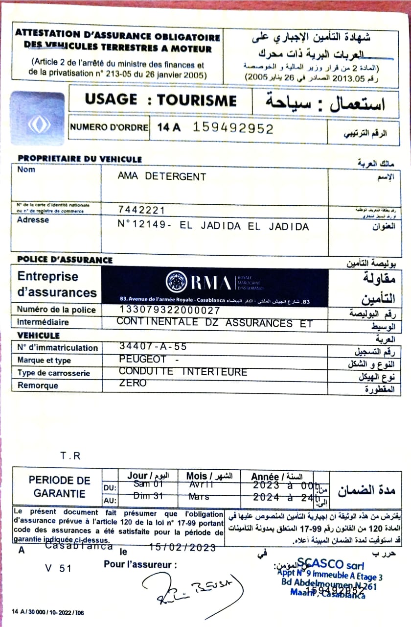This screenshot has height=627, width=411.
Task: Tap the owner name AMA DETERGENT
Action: tap(162, 177)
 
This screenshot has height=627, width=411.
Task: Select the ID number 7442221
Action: tap(141, 210)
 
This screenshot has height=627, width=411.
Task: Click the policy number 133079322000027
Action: tap(169, 310)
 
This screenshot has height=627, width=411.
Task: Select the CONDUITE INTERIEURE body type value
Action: tap(183, 372)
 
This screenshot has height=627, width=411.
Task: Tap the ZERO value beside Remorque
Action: tap(133, 384)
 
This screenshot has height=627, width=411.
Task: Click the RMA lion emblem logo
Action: tap(176, 282)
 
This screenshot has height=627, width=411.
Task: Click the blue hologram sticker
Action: tap(38, 118)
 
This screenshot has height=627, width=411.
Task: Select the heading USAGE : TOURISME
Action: tap(160, 100)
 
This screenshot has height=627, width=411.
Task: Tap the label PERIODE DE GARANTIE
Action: tap(59, 487)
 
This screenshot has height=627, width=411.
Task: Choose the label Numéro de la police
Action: tap(56, 310)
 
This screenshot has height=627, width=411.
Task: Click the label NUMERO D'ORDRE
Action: tap(109, 127)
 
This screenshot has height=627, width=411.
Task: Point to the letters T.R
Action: tap(70, 456)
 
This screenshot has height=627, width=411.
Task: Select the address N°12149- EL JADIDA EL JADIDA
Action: tap(214, 227)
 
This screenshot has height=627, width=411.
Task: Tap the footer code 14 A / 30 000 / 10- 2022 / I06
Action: tap(48, 612)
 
